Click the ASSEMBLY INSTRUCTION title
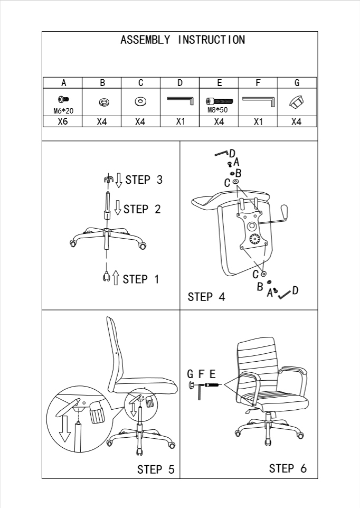pos(183,40)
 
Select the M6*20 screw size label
pos(63,110)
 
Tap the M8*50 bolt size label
pos(217,110)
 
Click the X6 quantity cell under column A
pos(63,122)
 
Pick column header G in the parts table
pos(297,83)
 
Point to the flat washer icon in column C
pos(141,100)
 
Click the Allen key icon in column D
pos(179,100)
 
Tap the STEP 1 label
pos(140,279)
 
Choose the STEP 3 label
pos(144,180)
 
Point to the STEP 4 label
pos(206,297)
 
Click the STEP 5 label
pos(156,469)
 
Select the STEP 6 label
pos(288,468)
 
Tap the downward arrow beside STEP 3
pos(119,180)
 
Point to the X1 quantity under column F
pos(258,122)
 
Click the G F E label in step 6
pos(201,374)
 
